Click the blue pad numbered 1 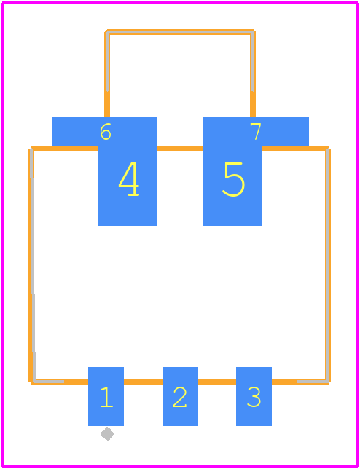106,396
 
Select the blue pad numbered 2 180,396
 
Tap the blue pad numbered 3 254,396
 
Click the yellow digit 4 129,179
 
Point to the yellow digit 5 234,179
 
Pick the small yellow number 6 106,131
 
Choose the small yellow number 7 256,131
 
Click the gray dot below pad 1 107,434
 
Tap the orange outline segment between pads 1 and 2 143,382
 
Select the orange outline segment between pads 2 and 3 217,382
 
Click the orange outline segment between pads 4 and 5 180,149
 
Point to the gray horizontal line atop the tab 180,32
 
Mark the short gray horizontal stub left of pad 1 49,382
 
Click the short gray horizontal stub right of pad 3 312,382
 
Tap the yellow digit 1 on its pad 106,397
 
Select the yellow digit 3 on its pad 254,397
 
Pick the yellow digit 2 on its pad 180,397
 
